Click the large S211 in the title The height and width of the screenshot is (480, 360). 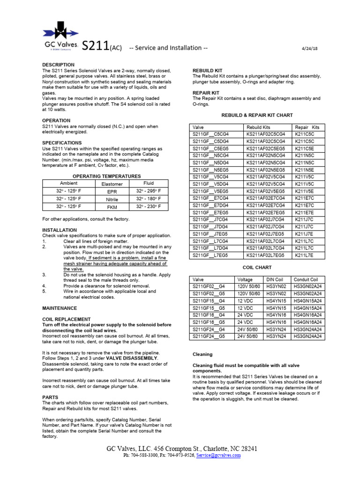[x=96, y=46]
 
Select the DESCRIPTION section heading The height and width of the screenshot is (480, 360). [x=58, y=65]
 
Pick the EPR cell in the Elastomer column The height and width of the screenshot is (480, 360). [x=112, y=192]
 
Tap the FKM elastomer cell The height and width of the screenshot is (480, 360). [x=112, y=206]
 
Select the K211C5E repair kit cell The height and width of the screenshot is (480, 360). [x=304, y=148]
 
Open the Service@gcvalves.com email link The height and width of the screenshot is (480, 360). [x=218, y=455]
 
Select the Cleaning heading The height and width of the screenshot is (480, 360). [x=202, y=354]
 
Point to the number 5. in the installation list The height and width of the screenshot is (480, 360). [x=44, y=291]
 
